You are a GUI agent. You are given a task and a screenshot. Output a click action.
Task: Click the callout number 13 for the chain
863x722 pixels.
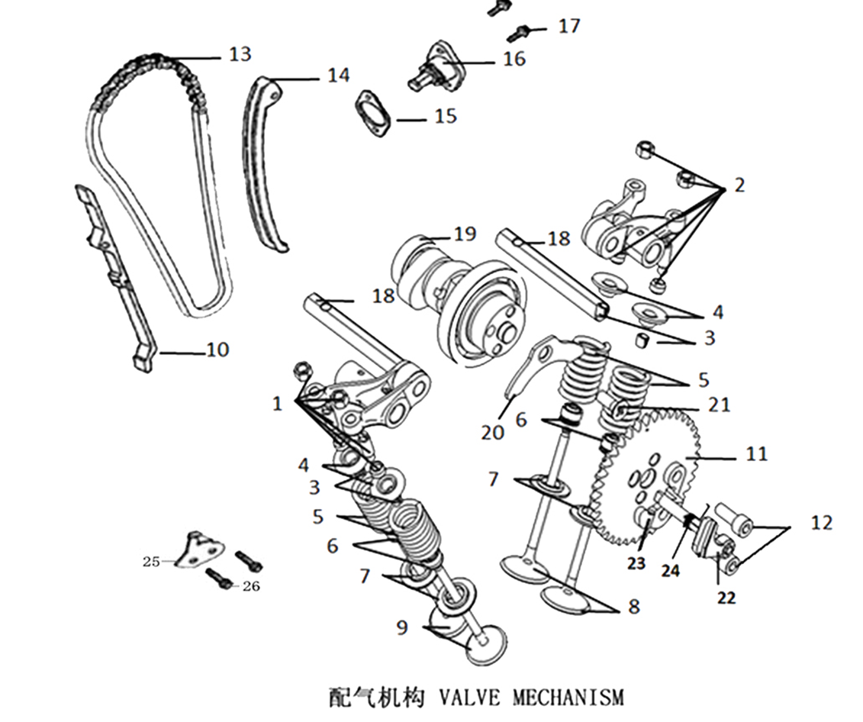[x=240, y=54]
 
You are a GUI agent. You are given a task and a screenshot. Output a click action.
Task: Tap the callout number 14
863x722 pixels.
[x=338, y=75]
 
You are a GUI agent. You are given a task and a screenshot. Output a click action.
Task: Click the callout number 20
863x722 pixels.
[x=493, y=432]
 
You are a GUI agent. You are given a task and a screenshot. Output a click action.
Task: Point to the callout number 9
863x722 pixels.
[x=402, y=627]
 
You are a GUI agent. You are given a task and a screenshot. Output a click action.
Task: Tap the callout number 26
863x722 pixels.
[x=250, y=586]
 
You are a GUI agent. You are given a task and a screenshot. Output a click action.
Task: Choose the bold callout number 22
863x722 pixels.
[x=726, y=598]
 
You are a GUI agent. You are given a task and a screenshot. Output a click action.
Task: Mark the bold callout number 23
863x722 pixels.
[x=636, y=563]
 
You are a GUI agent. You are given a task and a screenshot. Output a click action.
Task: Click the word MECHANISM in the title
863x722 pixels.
[x=568, y=696]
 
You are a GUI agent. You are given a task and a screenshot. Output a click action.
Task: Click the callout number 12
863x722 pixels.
[x=822, y=523]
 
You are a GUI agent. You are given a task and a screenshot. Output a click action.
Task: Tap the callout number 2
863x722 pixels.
[x=739, y=185]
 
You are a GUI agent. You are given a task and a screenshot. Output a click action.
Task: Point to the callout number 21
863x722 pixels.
[x=719, y=405]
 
